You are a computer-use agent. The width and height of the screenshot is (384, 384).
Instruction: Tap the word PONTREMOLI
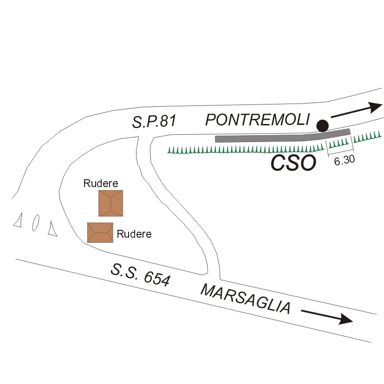[x=257, y=120]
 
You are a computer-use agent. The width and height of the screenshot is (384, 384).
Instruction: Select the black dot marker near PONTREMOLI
[x=322, y=125]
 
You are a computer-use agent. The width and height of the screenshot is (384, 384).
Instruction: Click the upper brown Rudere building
[x=111, y=203]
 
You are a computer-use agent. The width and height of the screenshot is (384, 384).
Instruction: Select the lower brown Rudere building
[x=100, y=233]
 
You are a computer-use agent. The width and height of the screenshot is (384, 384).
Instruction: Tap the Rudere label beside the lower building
[x=134, y=234]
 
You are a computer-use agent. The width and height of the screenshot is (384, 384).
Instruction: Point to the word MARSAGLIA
[x=247, y=299]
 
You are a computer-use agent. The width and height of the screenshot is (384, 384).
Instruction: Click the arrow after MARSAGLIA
[x=327, y=316]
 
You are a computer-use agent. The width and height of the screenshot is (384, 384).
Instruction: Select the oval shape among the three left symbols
[x=35, y=223]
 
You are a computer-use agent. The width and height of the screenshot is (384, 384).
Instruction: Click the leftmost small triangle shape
[x=19, y=221]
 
